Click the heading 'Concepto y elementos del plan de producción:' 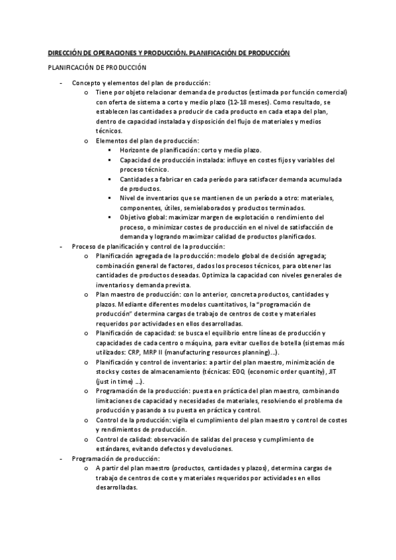(x=140, y=83)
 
